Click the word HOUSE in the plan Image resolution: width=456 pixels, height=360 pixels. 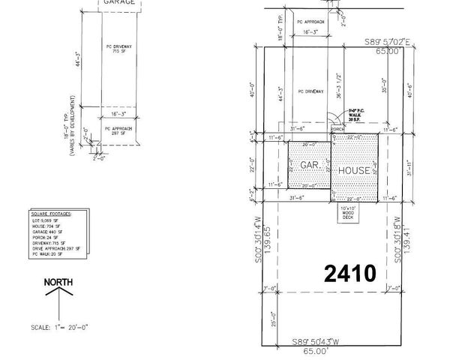tap(353, 170)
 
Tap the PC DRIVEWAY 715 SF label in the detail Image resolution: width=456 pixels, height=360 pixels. tap(115, 51)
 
